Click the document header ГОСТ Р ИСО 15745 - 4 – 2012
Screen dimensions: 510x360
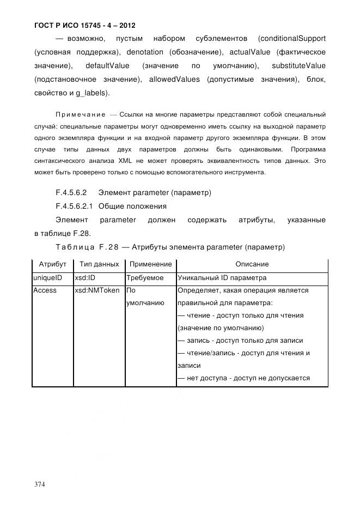click(x=84, y=25)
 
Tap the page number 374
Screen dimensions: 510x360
click(x=39, y=484)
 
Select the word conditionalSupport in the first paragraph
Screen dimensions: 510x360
click(x=292, y=38)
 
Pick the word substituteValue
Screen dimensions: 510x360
click(x=298, y=66)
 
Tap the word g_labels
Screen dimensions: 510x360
click(x=94, y=93)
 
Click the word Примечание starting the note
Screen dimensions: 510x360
click(x=81, y=114)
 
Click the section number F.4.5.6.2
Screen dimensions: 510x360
click(x=71, y=193)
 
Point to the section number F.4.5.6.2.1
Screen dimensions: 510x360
click(x=75, y=207)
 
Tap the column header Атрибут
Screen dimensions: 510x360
click(x=52, y=264)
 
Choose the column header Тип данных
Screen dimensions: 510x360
click(x=99, y=264)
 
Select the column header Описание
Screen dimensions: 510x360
click(x=252, y=264)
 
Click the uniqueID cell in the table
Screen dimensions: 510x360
click(x=48, y=277)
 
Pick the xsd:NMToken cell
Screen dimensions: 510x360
click(x=97, y=290)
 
